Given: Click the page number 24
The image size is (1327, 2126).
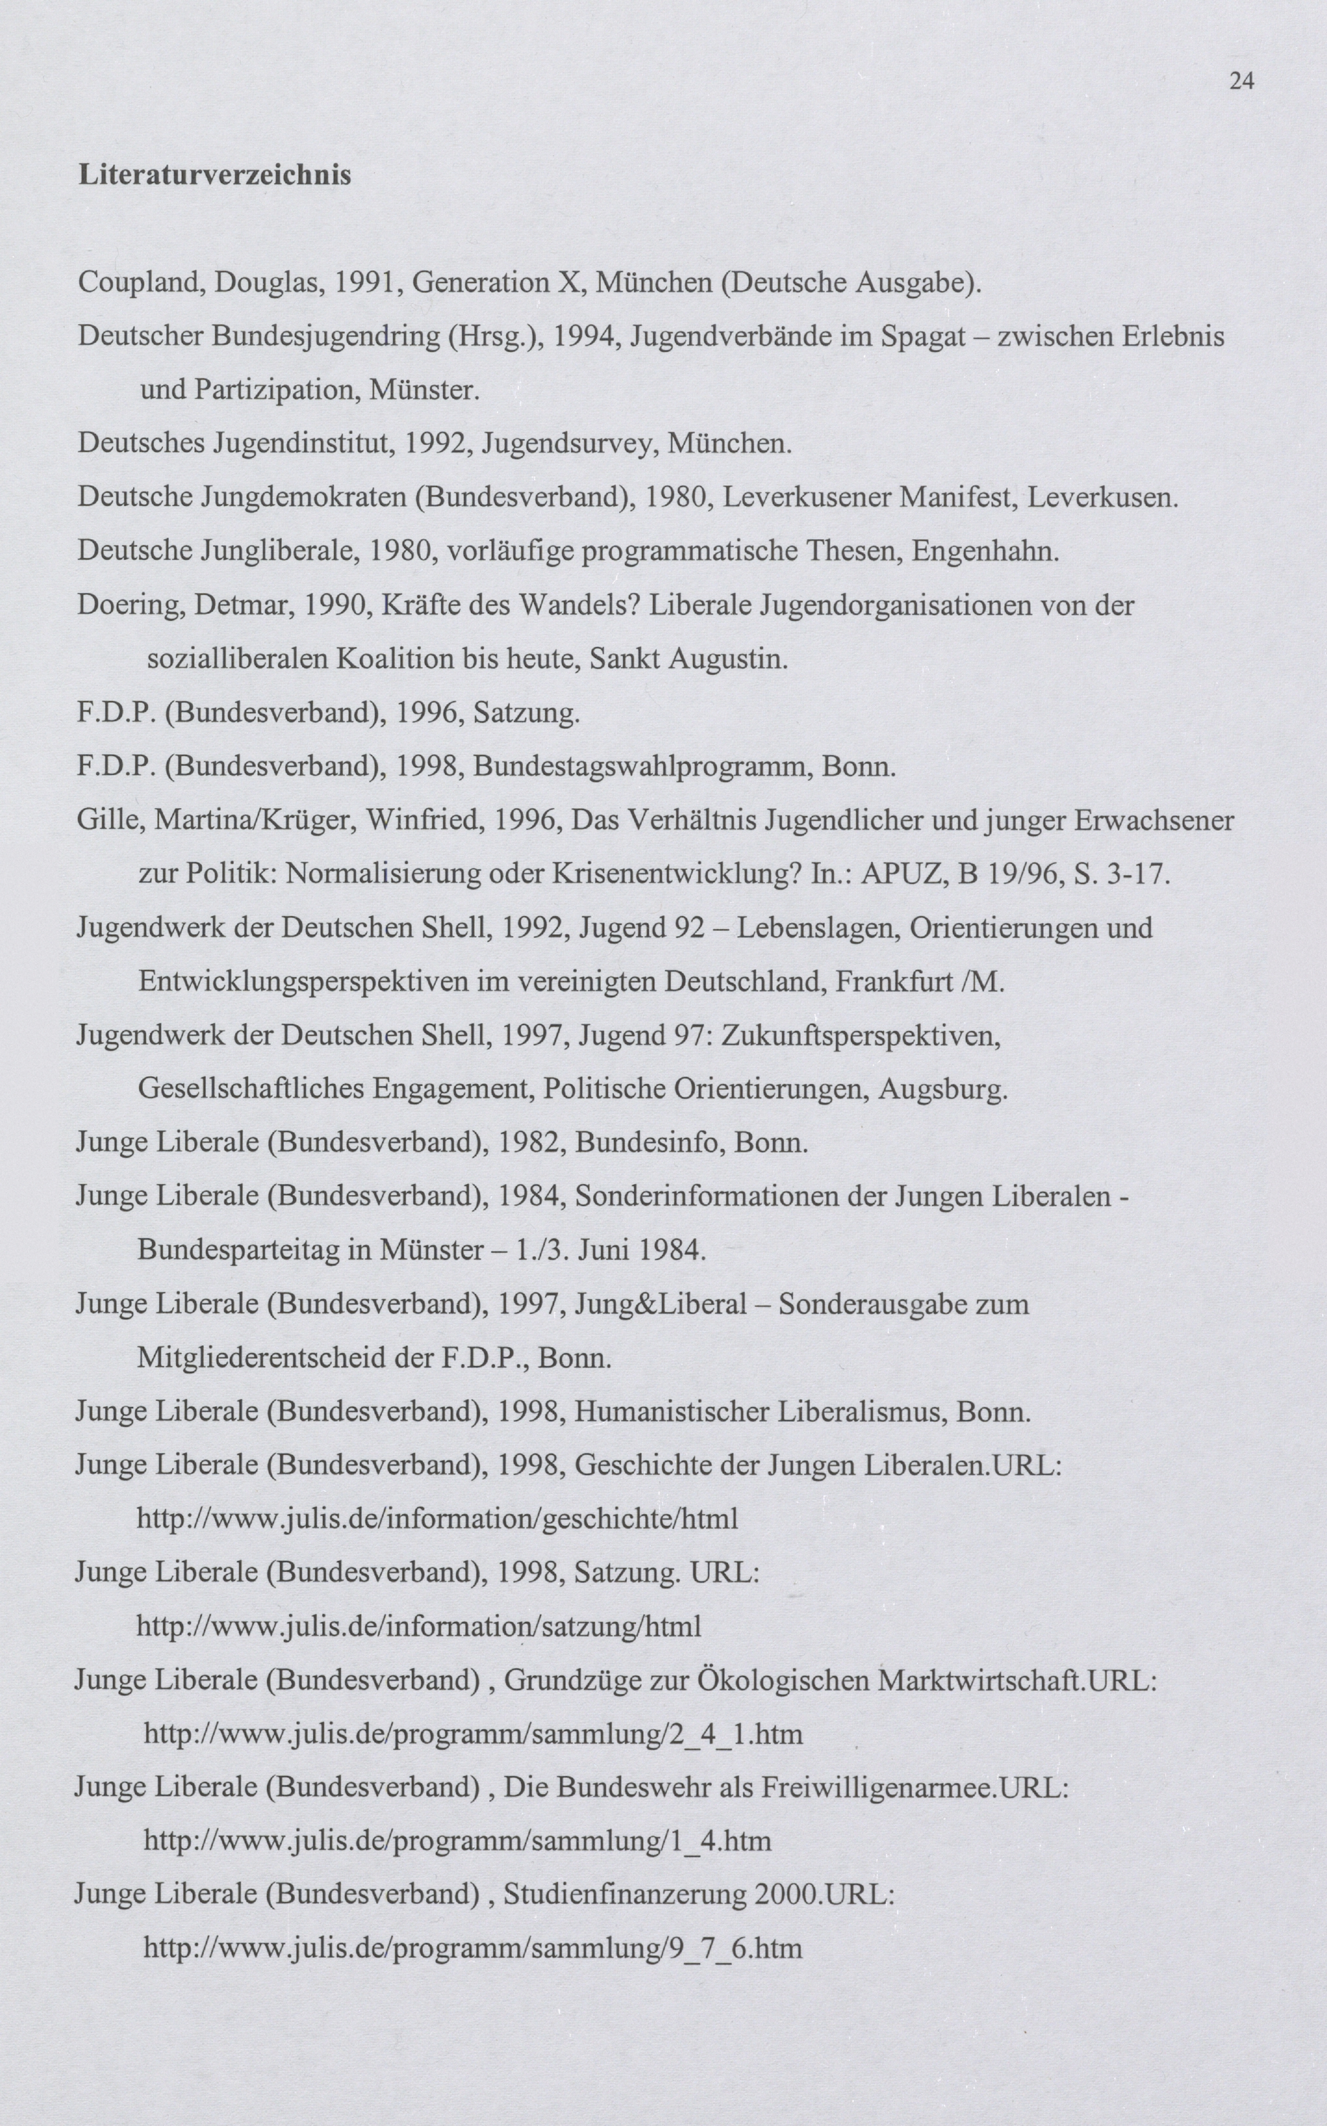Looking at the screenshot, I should click(x=1242, y=82).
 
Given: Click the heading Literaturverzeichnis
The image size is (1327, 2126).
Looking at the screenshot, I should click(x=215, y=174).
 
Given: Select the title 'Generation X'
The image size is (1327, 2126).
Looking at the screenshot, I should click(x=500, y=283).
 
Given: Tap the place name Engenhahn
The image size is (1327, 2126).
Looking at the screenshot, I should click(x=984, y=551).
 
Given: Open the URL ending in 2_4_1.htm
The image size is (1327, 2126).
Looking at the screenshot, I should click(x=473, y=1734).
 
